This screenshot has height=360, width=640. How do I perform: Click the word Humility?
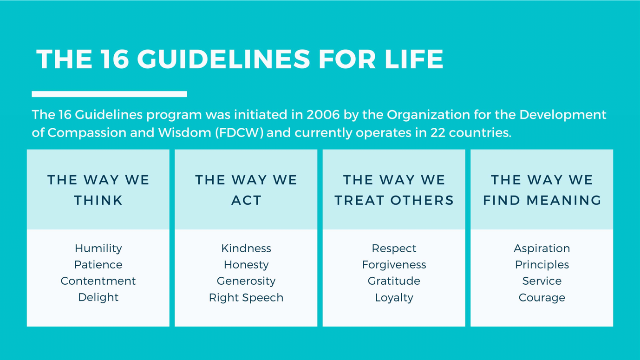(x=98, y=249)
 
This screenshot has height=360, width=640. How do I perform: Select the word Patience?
(x=98, y=265)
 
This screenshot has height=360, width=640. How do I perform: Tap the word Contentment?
(x=98, y=281)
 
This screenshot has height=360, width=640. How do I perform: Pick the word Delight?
(x=98, y=297)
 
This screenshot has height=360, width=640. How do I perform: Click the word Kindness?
(x=246, y=249)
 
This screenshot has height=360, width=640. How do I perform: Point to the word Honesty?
(x=246, y=265)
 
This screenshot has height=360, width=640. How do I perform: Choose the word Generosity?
(x=246, y=281)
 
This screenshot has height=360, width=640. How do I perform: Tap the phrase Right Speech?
(x=246, y=297)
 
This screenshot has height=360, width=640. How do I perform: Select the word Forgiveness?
(x=394, y=265)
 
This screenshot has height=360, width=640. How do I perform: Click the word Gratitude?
(x=394, y=281)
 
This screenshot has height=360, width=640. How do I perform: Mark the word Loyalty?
(x=394, y=297)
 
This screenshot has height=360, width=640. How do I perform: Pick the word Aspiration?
(x=542, y=249)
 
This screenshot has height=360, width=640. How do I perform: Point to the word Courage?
(x=542, y=297)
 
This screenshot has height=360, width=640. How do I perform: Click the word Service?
(x=542, y=281)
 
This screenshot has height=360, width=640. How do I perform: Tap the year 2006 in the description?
(x=323, y=115)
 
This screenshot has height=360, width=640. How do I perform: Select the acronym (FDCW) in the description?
(x=240, y=133)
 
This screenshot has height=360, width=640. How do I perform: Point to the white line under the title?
(x=109, y=94)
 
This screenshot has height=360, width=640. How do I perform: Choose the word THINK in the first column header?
(x=98, y=200)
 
